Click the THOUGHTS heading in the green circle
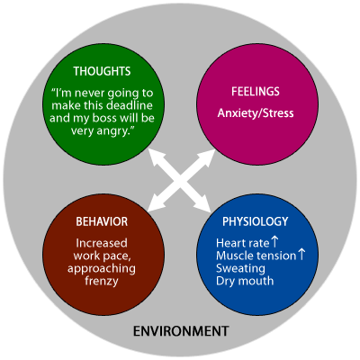102,71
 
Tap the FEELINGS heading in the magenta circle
256,92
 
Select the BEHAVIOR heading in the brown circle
102,221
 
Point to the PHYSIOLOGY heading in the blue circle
255,221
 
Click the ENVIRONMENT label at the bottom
181,331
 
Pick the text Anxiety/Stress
256,113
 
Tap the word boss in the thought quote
103,118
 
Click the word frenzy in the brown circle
102,281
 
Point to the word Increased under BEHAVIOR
102,243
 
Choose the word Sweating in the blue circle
240,268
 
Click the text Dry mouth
245,281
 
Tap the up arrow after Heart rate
274,242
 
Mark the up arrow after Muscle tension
301,255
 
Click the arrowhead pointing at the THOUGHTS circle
157,157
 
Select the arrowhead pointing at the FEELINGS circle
207,157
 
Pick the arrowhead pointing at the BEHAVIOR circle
157,203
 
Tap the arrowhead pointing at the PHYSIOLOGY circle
202,203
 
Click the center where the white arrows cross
180,181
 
